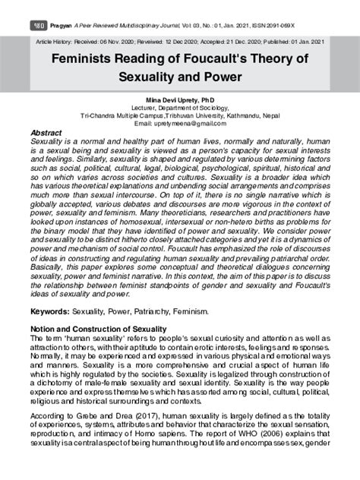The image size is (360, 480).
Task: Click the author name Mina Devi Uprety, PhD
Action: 180,99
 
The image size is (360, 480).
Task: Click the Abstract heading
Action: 48,131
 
